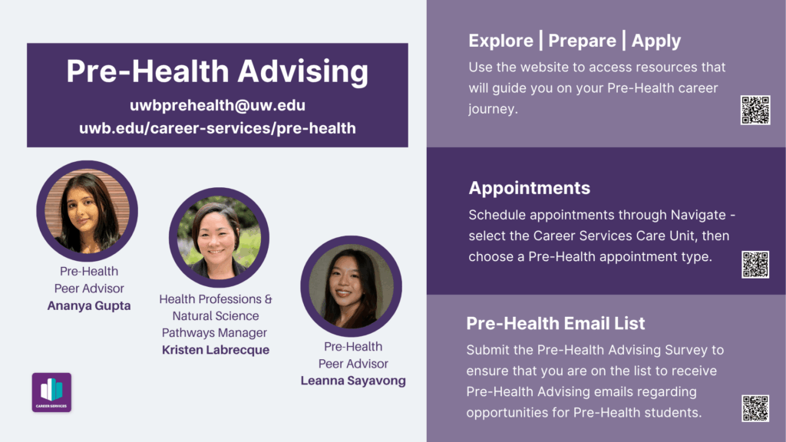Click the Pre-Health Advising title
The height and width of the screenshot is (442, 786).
(217, 71)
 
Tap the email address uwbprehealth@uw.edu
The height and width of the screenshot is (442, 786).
(217, 105)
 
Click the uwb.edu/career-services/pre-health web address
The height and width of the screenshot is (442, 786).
(217, 128)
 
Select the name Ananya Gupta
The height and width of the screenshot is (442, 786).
(89, 305)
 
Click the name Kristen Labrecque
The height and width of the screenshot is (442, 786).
(216, 350)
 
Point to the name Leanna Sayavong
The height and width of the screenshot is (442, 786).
(353, 381)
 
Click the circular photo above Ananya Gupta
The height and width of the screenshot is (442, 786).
(88, 211)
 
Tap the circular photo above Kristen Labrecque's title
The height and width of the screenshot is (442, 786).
(219, 238)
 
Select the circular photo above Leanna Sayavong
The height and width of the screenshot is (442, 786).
(352, 286)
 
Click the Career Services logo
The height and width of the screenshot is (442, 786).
(51, 392)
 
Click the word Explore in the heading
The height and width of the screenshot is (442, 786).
(500, 41)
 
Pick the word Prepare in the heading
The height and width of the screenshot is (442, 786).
(582, 41)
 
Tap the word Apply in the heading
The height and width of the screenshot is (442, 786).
(656, 41)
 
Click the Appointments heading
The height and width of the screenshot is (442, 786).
(530, 188)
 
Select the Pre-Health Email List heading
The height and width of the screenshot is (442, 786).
(556, 323)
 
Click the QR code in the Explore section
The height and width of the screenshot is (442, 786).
(755, 110)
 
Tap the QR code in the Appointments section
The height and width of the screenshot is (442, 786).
(755, 265)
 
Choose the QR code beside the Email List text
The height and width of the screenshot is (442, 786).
(755, 408)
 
